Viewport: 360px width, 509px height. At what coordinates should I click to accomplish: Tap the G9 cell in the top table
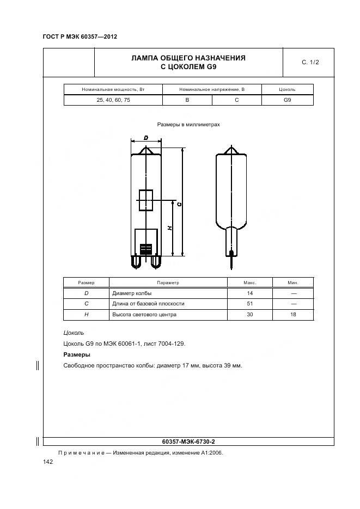click(x=287, y=100)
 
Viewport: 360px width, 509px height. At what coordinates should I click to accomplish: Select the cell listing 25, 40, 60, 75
click(x=113, y=100)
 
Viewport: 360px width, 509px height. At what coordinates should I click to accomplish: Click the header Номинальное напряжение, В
click(x=212, y=89)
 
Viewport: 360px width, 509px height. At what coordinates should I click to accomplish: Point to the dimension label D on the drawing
click(x=145, y=138)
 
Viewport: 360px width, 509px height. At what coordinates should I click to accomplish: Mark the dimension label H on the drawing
click(x=170, y=228)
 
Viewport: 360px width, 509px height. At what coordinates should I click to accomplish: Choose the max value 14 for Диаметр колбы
click(x=250, y=293)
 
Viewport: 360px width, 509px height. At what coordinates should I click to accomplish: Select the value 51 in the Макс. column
click(x=250, y=304)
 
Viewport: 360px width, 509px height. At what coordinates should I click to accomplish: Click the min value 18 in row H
click(x=293, y=315)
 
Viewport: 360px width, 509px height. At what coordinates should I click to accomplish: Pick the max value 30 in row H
click(x=250, y=315)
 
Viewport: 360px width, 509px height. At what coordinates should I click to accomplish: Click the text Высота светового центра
click(x=144, y=315)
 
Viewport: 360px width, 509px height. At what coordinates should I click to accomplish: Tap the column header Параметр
click(x=168, y=283)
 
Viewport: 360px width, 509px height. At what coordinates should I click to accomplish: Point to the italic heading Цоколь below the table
click(x=74, y=333)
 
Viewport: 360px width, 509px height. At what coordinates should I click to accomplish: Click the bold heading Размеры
click(x=77, y=354)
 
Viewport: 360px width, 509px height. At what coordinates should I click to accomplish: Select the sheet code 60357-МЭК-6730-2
click(x=189, y=441)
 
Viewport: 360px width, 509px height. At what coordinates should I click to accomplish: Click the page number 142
click(x=48, y=462)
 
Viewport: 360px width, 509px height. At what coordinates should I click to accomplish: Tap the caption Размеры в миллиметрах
click(x=188, y=125)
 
